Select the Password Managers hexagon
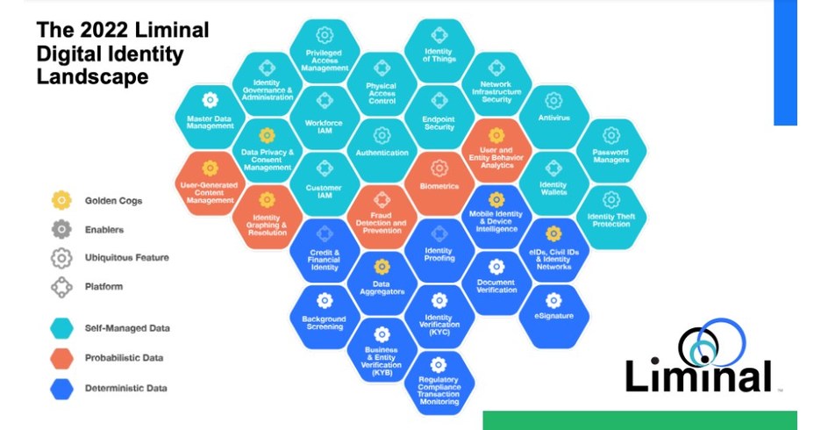click(611, 147)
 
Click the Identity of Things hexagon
click(439, 48)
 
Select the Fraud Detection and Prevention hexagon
click(382, 215)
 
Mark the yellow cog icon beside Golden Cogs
click(61, 200)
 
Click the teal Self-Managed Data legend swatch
click(61, 327)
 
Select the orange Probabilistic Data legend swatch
click(61, 357)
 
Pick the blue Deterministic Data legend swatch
click(61, 387)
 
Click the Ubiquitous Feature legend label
click(126, 257)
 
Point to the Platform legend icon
click(61, 286)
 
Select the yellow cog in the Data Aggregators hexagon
click(382, 266)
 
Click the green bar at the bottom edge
click(639, 419)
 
